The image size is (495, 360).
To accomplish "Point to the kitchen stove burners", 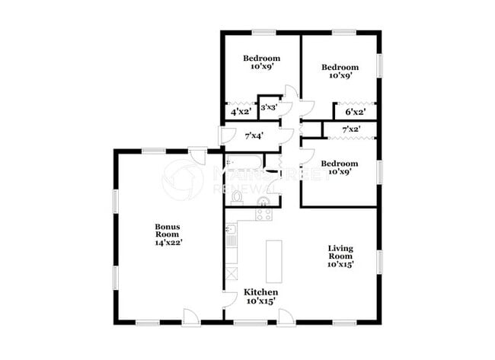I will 263,215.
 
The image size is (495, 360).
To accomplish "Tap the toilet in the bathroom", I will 237,198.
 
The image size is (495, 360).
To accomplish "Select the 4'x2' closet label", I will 241,112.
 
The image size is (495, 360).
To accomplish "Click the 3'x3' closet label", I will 268,108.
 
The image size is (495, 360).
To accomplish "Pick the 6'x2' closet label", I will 355,112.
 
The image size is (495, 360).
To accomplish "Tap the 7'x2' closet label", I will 351,130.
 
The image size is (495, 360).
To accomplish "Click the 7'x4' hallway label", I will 254,136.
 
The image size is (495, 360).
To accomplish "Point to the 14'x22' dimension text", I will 168,242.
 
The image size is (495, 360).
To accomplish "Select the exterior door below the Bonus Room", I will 191,315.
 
